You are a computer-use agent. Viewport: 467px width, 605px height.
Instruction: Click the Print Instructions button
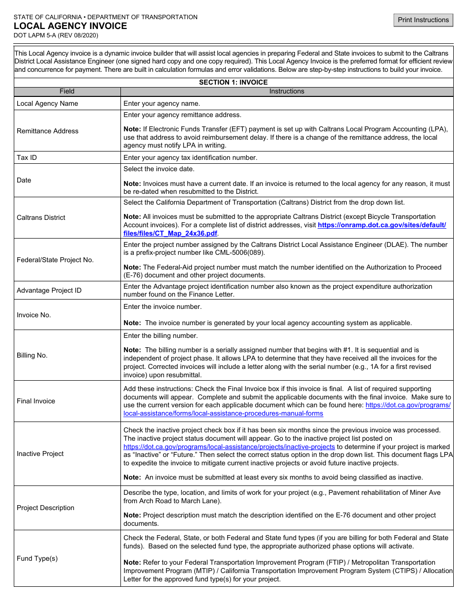[423, 20]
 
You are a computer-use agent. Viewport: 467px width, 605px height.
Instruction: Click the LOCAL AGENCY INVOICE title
[70, 26]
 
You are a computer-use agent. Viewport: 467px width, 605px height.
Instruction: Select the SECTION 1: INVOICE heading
[233, 82]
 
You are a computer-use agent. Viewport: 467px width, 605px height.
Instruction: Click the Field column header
[67, 91]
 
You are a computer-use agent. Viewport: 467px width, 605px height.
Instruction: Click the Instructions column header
[287, 91]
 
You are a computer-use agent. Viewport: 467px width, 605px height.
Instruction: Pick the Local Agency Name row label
[47, 103]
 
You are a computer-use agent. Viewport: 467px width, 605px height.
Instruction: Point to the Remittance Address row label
[48, 131]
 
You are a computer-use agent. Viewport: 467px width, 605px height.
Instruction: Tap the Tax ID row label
[27, 157]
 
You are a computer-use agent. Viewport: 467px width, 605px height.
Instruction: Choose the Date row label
[24, 180]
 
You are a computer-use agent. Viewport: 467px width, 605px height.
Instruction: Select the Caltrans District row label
[41, 217]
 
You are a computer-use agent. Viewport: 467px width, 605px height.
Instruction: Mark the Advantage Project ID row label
[49, 290]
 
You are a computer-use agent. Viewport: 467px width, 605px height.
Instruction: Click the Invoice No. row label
[34, 315]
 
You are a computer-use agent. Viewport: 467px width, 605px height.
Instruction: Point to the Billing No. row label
[32, 355]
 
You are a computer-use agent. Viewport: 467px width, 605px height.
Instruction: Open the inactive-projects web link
[229, 447]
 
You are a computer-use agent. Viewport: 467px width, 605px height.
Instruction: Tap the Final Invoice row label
[36, 401]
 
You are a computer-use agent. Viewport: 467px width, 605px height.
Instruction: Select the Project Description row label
[46, 508]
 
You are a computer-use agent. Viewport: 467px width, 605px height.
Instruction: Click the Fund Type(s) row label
[37, 558]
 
